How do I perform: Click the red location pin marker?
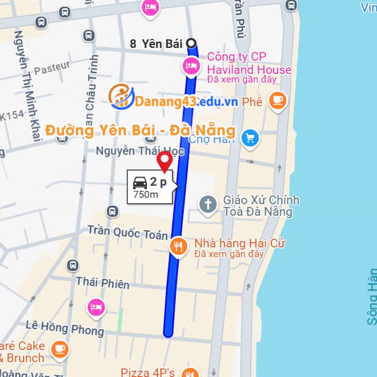point(165,162)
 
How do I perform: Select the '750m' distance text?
point(146,195)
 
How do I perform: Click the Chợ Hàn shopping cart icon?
point(250,138)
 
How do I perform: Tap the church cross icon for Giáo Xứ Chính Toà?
point(208,205)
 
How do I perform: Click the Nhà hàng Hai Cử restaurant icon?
point(178,246)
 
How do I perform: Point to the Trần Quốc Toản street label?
point(127,232)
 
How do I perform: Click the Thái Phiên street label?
point(103,283)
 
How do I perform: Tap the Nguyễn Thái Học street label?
point(139,151)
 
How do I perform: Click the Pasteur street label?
point(52,68)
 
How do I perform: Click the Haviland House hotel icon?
point(191,66)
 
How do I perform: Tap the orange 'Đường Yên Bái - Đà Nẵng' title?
point(140,130)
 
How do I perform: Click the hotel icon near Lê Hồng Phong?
point(96,307)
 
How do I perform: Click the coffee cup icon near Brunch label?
point(59,349)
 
